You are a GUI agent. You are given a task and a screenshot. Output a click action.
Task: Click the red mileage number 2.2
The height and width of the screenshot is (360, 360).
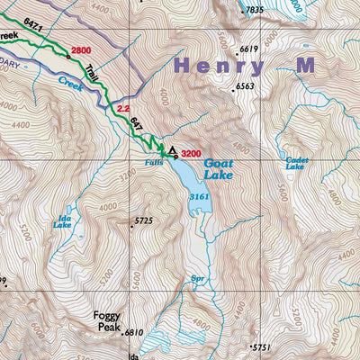pos(124,108)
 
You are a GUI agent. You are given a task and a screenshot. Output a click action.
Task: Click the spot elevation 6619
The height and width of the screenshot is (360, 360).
pos(249,49)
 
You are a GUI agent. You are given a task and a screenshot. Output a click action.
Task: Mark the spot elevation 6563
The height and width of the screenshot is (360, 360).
pos(245,86)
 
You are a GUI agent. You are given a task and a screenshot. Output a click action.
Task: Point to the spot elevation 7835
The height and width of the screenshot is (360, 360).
pos(255,10)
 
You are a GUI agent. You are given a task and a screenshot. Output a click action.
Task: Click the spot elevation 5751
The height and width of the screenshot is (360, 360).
pos(261,347)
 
